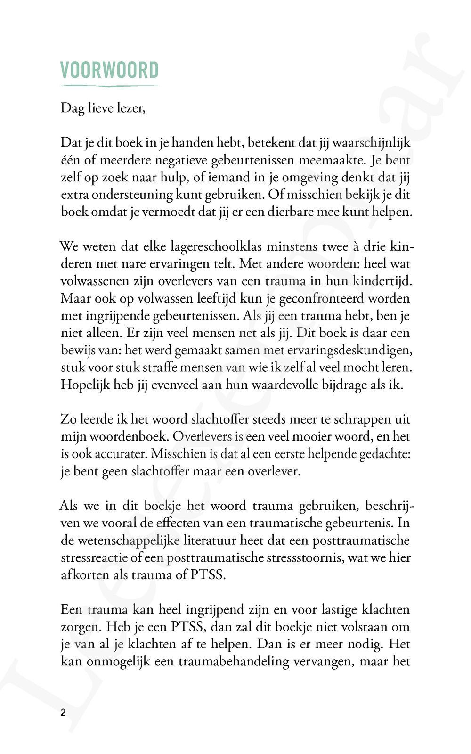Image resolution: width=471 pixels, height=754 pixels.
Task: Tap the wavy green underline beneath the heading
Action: coord(109,86)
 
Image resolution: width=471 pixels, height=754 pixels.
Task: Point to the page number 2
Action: coord(63,712)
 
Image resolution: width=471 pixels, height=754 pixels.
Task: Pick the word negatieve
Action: coord(181,160)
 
